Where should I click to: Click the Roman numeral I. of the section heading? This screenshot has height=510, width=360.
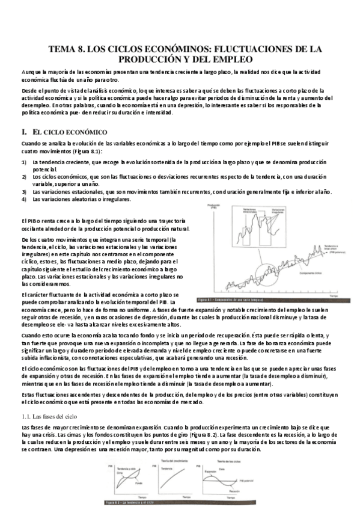pos(23,131)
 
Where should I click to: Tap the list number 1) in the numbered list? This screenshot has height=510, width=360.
pos(23,162)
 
